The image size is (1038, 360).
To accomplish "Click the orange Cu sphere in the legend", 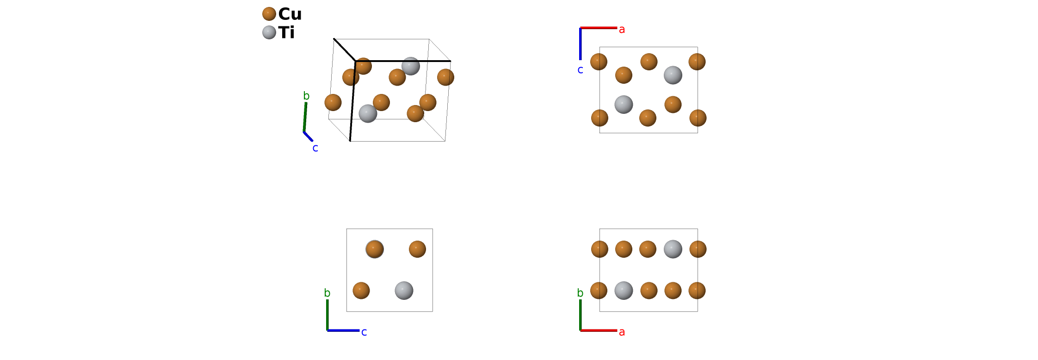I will pyautogui.click(x=269, y=14).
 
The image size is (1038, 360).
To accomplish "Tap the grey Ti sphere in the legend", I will pyautogui.click(x=269, y=32).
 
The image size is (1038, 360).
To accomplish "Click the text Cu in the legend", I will pyautogui.click(x=290, y=14).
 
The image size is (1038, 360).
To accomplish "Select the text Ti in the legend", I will pyautogui.click(x=287, y=33).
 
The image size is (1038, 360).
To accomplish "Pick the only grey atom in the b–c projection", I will pyautogui.click(x=404, y=291).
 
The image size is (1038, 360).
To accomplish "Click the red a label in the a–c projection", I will pyautogui.click(x=622, y=30).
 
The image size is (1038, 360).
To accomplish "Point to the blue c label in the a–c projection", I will pyautogui.click(x=580, y=70).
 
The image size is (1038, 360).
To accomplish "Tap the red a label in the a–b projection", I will pyautogui.click(x=622, y=332).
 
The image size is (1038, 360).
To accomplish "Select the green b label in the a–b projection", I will pyautogui.click(x=580, y=293).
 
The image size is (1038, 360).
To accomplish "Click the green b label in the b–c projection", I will pyautogui.click(x=327, y=293).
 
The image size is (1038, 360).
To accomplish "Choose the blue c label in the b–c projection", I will pyautogui.click(x=364, y=332).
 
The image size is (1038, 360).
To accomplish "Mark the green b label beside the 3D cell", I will pyautogui.click(x=306, y=96).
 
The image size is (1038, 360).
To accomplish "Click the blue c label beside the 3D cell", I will pyautogui.click(x=315, y=148).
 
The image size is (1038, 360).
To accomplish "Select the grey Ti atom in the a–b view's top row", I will pyautogui.click(x=673, y=249).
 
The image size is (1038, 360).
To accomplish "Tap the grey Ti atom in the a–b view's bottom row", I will pyautogui.click(x=624, y=291).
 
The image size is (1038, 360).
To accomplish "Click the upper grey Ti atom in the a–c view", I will pyautogui.click(x=673, y=75).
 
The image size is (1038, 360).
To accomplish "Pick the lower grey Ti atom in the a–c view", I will pyautogui.click(x=624, y=105).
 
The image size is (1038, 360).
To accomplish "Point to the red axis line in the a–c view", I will pyautogui.click(x=599, y=28).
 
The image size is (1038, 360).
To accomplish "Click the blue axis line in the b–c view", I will pyautogui.click(x=343, y=330).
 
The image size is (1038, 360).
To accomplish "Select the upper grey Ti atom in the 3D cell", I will pyautogui.click(x=411, y=66).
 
